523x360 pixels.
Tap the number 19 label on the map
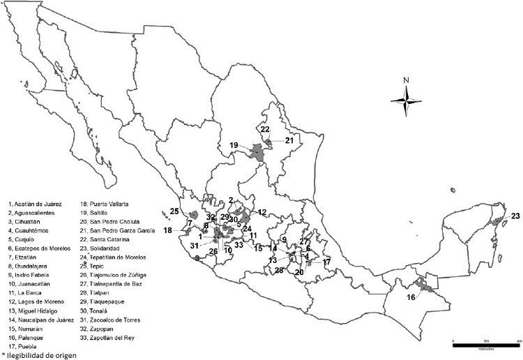coord(234,145)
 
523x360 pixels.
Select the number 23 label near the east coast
coord(515,216)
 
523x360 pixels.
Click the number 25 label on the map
coord(174,211)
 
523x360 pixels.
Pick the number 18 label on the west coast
coord(167,230)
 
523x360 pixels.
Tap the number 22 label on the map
coord(265,129)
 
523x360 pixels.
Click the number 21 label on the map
coord(289,140)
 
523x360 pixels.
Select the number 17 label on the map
coord(327,262)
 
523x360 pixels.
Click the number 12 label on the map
coord(262,211)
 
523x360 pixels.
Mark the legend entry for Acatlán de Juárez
coord(35,203)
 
